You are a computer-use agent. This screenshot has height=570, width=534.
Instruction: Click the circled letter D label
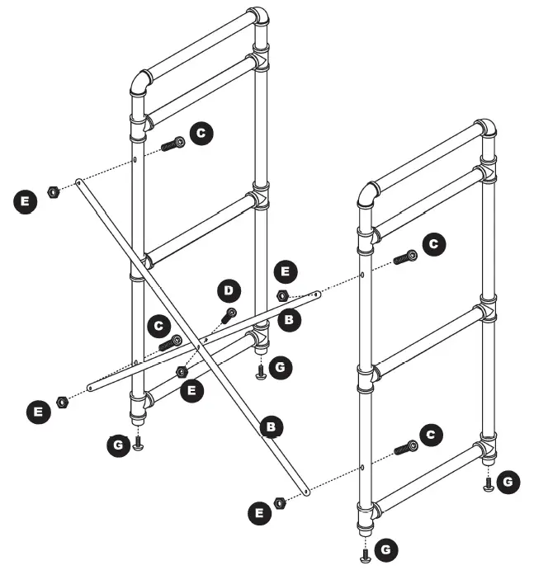[228, 290]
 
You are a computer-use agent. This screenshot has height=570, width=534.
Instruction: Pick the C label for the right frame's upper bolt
[432, 243]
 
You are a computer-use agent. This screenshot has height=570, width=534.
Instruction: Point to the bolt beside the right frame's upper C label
[406, 258]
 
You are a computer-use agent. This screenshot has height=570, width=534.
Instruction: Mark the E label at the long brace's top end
[26, 200]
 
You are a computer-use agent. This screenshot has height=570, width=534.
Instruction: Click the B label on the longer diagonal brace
[270, 426]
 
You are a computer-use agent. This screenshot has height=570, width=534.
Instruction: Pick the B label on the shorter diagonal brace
[288, 319]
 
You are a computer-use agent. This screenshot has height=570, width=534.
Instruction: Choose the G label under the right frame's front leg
[385, 549]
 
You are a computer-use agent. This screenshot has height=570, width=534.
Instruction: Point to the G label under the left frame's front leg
[119, 446]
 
